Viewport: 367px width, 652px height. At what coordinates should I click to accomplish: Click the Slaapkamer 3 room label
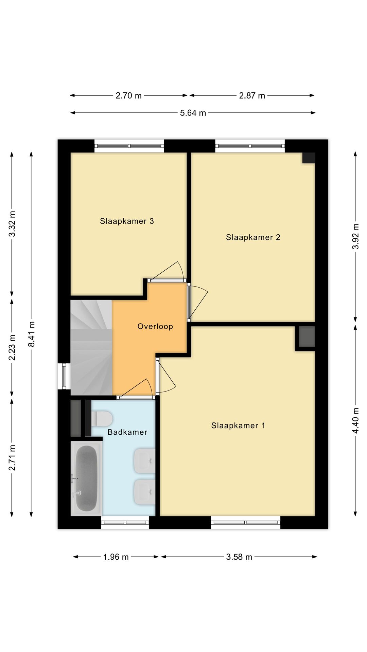127,221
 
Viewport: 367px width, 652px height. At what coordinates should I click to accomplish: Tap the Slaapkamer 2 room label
253,237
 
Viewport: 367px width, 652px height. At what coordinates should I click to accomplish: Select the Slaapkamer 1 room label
238,425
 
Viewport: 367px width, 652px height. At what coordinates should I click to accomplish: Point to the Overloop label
155,326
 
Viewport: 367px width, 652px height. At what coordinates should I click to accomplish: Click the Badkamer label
127,432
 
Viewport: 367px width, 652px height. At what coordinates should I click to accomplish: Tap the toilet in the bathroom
102,419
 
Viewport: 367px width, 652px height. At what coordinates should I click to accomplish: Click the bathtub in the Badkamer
86,478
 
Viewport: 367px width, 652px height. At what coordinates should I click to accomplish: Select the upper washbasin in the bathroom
145,461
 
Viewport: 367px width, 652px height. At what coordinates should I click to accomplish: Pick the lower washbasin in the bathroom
145,492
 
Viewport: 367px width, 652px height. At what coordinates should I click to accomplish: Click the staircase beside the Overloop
91,347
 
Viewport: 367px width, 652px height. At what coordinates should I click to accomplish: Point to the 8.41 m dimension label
31,334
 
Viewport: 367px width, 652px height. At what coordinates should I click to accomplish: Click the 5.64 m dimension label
193,113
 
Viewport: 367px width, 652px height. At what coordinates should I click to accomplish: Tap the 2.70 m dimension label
128,96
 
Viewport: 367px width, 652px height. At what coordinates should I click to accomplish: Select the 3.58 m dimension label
239,557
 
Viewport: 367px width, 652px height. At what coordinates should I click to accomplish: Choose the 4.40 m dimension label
355,420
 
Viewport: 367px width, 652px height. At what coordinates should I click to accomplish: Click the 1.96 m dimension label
116,557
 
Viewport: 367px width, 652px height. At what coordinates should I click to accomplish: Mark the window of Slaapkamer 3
129,146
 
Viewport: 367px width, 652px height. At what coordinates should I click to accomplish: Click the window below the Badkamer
125,523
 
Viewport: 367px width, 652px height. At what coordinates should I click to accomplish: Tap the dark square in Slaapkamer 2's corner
309,158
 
